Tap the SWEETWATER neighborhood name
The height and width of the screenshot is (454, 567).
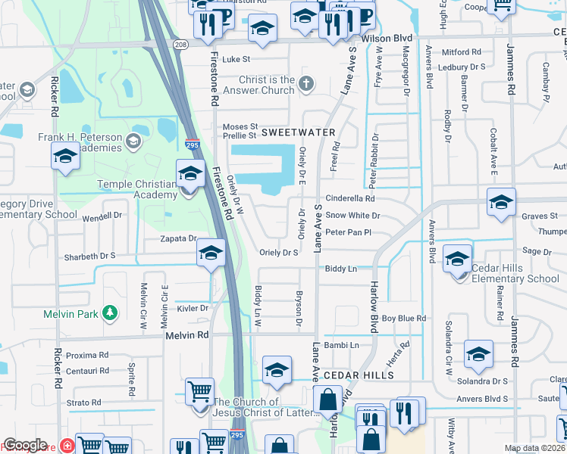(x=298, y=132)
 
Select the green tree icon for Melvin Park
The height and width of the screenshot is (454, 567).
(x=111, y=313)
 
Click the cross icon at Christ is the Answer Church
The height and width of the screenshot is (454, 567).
(x=306, y=84)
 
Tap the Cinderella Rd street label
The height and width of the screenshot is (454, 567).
(x=350, y=199)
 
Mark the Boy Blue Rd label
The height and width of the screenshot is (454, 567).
(x=403, y=319)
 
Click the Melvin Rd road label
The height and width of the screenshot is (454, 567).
(x=186, y=334)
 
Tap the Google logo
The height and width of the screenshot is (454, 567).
(x=25, y=445)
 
